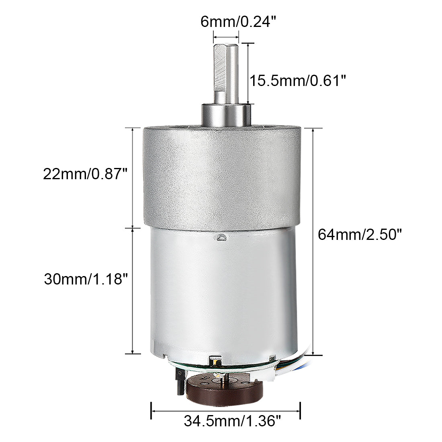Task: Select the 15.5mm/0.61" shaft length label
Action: (x=298, y=80)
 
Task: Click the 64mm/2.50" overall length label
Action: (x=360, y=234)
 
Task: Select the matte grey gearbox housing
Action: (x=221, y=177)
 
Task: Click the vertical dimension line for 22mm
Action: (x=133, y=177)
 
